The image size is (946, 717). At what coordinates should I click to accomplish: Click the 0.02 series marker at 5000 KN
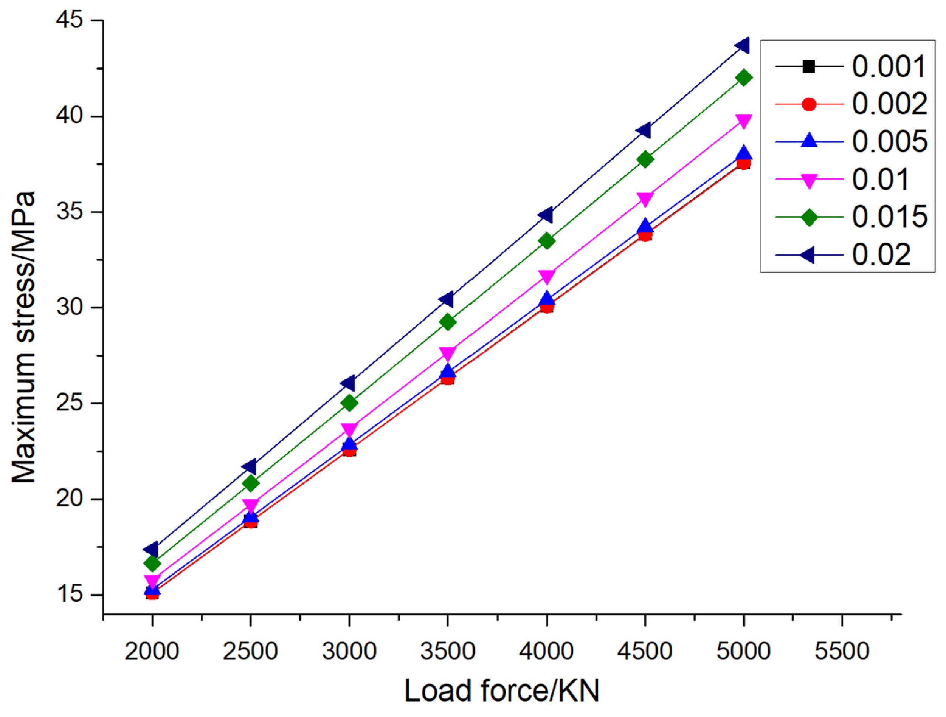(x=743, y=45)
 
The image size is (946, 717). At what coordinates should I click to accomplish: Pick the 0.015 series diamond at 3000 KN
(x=349, y=403)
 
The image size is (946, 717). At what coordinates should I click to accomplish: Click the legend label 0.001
(x=889, y=67)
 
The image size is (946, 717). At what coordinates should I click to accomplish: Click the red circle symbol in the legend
(x=809, y=104)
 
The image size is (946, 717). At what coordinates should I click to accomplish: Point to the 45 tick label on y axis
(x=69, y=21)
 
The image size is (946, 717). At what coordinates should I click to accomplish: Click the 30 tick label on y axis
(x=69, y=308)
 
